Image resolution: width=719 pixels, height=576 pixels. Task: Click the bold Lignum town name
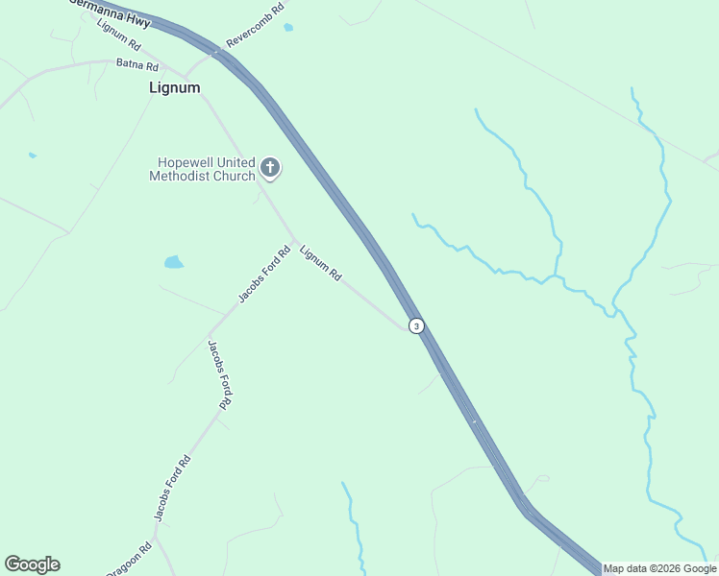(x=175, y=87)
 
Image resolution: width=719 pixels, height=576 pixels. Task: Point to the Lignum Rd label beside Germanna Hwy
(x=118, y=35)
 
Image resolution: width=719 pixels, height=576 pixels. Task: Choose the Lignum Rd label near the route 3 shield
(x=320, y=262)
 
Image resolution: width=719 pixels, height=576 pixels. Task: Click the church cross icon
(x=270, y=169)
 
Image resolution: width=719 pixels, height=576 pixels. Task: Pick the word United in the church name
(x=236, y=162)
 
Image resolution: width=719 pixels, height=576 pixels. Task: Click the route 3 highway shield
(x=415, y=325)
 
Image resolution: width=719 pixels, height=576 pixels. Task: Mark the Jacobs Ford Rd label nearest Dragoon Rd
(x=173, y=489)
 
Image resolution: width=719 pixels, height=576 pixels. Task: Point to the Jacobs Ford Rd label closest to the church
(x=263, y=275)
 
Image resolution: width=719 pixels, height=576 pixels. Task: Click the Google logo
(x=32, y=564)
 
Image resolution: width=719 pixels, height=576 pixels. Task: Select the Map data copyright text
(x=659, y=568)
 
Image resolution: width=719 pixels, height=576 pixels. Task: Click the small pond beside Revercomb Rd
(x=288, y=28)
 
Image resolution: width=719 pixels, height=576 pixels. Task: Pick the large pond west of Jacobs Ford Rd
(x=174, y=261)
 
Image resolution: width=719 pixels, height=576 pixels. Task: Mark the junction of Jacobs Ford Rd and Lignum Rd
(x=294, y=240)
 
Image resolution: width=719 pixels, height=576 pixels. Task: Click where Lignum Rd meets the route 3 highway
(x=407, y=328)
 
